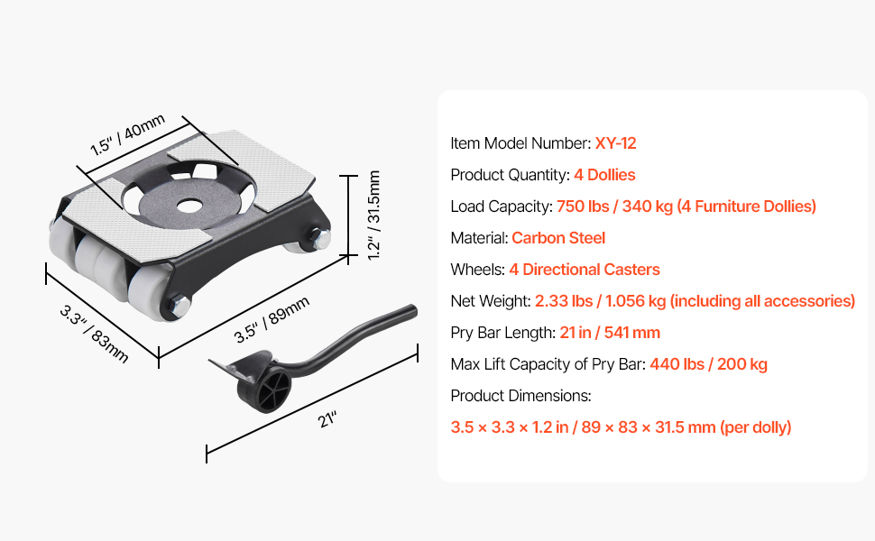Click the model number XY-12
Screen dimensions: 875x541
[x=615, y=143]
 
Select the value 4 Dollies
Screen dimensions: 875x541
[x=604, y=175]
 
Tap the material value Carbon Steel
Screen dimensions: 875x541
[x=558, y=238]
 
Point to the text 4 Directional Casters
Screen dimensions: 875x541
[x=585, y=270]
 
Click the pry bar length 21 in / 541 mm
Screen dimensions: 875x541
[x=610, y=333]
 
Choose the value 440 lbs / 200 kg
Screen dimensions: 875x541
[x=709, y=364]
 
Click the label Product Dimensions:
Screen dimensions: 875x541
[x=520, y=396]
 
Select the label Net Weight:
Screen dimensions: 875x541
[x=491, y=301]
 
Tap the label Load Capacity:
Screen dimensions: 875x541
[x=502, y=206]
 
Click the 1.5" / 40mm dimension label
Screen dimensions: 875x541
[x=128, y=134]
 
